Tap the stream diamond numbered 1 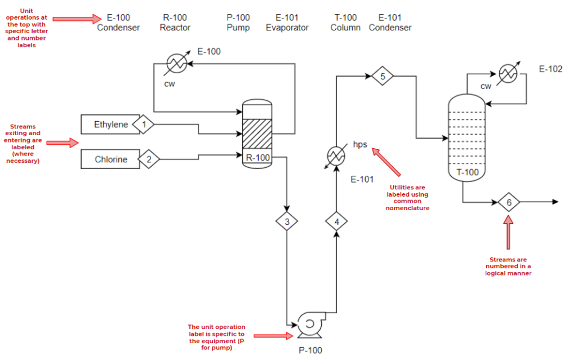(143, 124)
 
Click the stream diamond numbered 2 (149, 159)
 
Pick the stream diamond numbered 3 (287, 221)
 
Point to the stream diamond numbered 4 (337, 221)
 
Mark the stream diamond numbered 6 (509, 202)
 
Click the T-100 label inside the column (467, 172)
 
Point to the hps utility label (360, 144)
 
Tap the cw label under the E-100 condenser (170, 84)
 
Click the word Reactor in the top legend (175, 28)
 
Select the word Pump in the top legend (238, 28)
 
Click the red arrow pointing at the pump (273, 336)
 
